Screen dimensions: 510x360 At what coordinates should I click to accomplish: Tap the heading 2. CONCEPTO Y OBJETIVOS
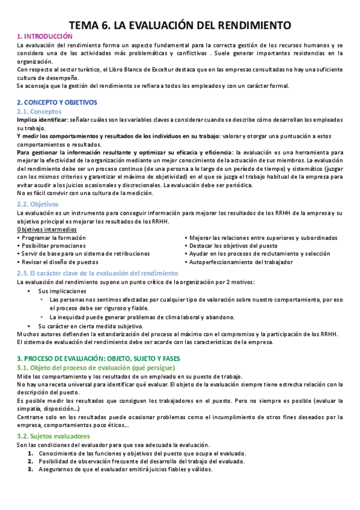click(x=57, y=102)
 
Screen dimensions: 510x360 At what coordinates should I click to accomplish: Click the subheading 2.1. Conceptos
click(x=40, y=112)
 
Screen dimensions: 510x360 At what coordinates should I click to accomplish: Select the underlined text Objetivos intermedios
click(x=47, y=230)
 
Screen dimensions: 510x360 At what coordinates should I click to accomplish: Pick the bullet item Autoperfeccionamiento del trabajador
click(x=240, y=262)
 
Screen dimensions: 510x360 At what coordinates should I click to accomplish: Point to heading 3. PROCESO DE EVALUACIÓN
click(x=102, y=358)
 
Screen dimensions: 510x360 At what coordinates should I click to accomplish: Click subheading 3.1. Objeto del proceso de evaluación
click(x=96, y=367)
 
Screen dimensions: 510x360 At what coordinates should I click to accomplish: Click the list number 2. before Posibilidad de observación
click(x=30, y=461)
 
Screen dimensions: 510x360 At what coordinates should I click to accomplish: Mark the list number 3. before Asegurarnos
click(x=30, y=470)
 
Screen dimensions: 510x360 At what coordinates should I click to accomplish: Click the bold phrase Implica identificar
click(x=42, y=120)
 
